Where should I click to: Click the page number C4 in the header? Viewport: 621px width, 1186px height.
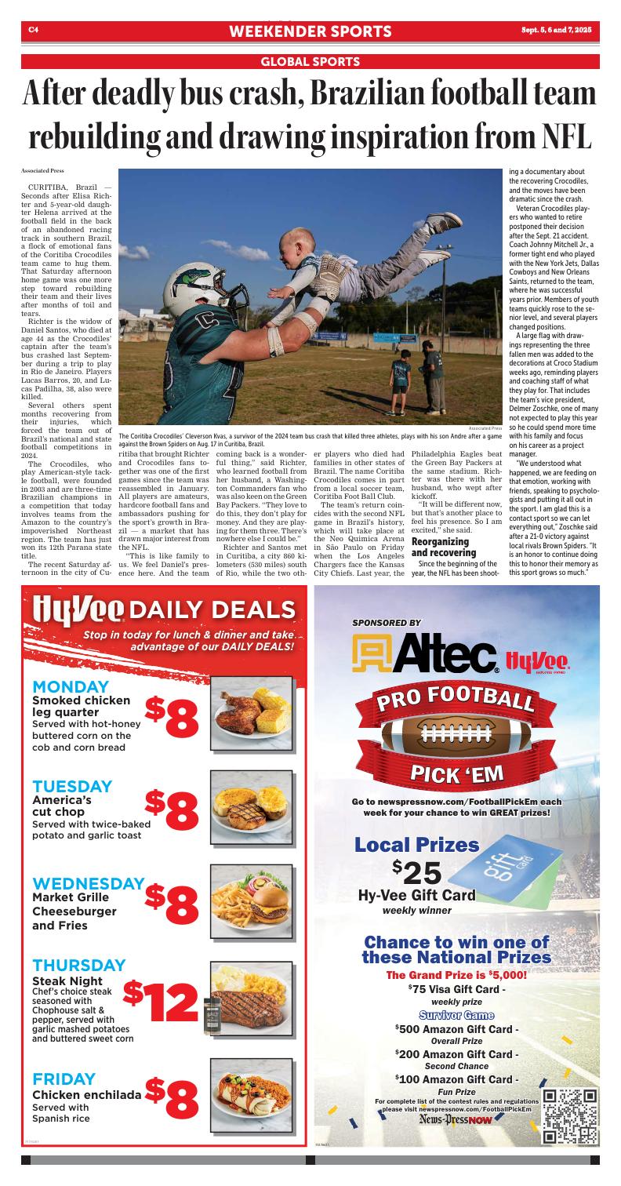pyautogui.click(x=34, y=31)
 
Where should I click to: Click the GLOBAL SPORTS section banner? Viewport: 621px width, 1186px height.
pyautogui.click(x=310, y=61)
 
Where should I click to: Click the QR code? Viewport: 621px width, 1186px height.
pyautogui.click(x=570, y=1115)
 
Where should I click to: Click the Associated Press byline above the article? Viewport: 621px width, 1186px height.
pyautogui.click(x=42, y=169)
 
